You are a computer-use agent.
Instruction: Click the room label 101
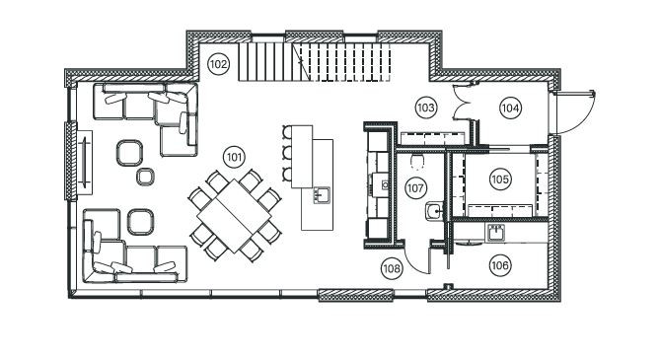tap(234, 156)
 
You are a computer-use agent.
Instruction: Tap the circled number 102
tap(219, 64)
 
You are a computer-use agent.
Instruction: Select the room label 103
tap(426, 107)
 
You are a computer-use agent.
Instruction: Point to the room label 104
tap(509, 107)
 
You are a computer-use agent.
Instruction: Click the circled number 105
tap(500, 180)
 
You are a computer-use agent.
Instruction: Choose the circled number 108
tap(393, 266)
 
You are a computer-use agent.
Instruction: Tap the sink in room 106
tap(496, 233)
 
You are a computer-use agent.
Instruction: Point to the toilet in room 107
tap(417, 161)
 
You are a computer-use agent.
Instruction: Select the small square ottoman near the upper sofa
tap(145, 178)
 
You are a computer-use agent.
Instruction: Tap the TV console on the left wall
tap(86, 163)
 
